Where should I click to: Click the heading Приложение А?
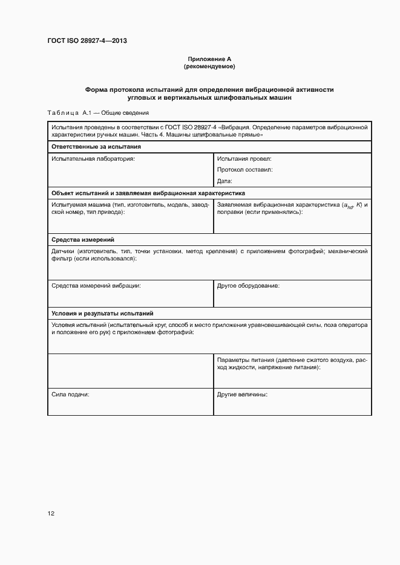(209, 59)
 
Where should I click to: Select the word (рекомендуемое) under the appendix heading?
(209, 66)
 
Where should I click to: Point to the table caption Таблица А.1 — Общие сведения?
(97, 113)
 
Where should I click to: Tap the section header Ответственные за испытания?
(96, 147)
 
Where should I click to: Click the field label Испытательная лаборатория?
(93, 159)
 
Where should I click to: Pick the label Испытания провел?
(244, 159)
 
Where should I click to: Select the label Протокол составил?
(245, 170)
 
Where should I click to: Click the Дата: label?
(225, 181)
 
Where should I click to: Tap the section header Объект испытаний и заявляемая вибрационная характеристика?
(148, 193)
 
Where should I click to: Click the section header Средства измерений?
(83, 240)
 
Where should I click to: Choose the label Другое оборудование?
(248, 285)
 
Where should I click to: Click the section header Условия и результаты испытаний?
(102, 314)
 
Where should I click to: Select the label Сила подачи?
(70, 394)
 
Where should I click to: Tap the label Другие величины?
(242, 394)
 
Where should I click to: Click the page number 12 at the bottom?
(51, 514)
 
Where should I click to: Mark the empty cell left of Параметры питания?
(130, 371)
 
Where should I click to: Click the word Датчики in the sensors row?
(64, 251)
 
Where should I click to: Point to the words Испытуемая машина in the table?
(77, 205)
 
